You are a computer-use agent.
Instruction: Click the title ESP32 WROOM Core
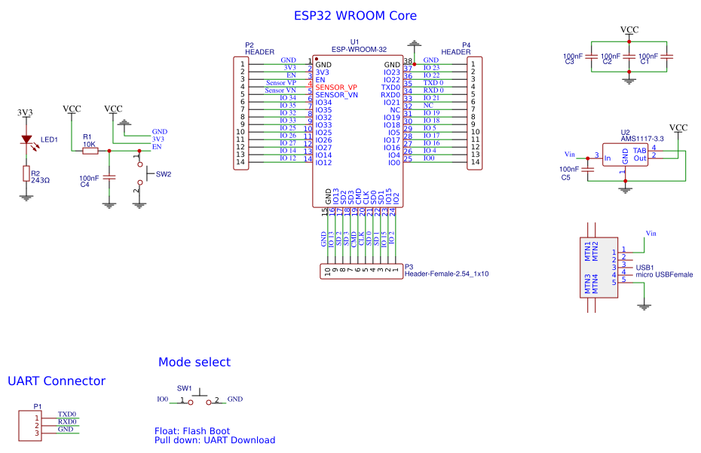point(354,16)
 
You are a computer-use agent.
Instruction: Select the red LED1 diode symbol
point(27,139)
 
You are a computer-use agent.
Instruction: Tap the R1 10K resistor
point(90,151)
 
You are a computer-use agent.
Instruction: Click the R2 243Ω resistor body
point(26,174)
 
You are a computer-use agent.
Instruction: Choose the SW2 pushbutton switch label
point(164,174)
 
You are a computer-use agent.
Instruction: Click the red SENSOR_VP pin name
point(336,87)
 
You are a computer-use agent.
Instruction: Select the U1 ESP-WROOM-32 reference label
point(354,42)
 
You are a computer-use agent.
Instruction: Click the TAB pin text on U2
point(639,150)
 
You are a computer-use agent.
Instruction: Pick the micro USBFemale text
point(664,275)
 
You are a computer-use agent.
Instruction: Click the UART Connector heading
point(57,381)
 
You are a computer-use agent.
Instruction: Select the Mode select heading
point(194,363)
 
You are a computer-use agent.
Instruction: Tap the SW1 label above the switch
point(184,388)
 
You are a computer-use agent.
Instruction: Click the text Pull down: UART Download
point(215,440)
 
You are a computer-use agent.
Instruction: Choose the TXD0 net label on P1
point(66,414)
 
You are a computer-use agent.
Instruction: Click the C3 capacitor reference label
point(569,62)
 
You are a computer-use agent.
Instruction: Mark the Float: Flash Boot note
point(192,431)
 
